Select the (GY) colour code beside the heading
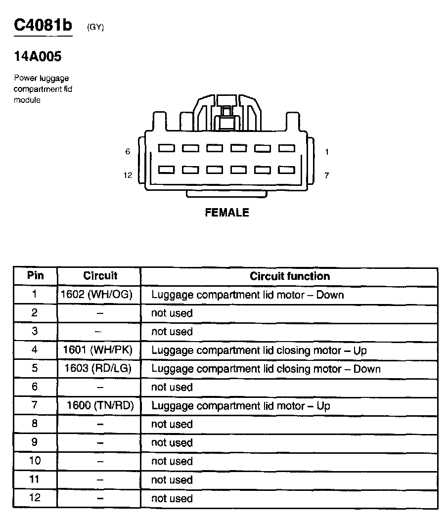(x=95, y=28)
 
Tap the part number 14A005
(x=38, y=57)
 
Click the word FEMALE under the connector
(x=227, y=213)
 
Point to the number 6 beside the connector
(x=128, y=152)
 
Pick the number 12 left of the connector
(x=128, y=175)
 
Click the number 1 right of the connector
(x=327, y=152)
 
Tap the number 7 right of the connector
(x=327, y=175)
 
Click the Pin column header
(x=35, y=276)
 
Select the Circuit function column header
(x=289, y=276)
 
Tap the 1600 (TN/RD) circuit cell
(x=101, y=406)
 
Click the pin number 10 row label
(x=35, y=461)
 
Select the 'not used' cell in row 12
(x=172, y=498)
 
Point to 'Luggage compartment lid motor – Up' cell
(x=240, y=406)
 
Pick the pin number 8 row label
(x=35, y=424)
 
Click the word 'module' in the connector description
(x=27, y=100)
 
